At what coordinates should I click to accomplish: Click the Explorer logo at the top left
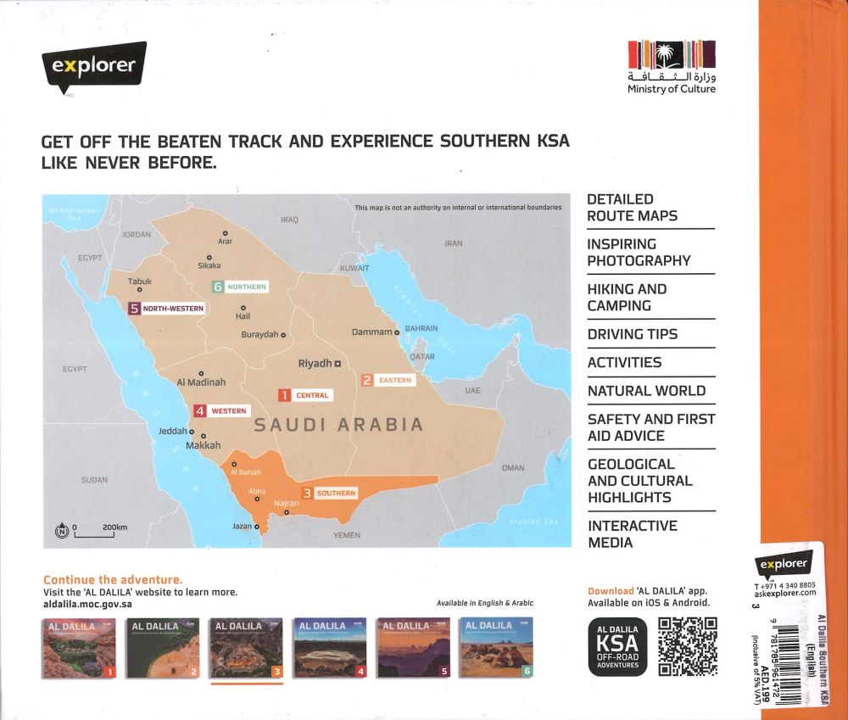point(93,66)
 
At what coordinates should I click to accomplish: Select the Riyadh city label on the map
point(315,363)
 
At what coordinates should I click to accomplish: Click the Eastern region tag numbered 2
point(388,380)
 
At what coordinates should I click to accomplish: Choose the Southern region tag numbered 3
point(330,493)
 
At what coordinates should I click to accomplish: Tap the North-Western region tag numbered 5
point(167,309)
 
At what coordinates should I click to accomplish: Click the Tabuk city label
point(139,281)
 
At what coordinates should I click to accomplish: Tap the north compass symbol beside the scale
point(61,532)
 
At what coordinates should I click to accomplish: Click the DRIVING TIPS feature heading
point(632,334)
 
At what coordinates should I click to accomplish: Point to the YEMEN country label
point(347,535)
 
